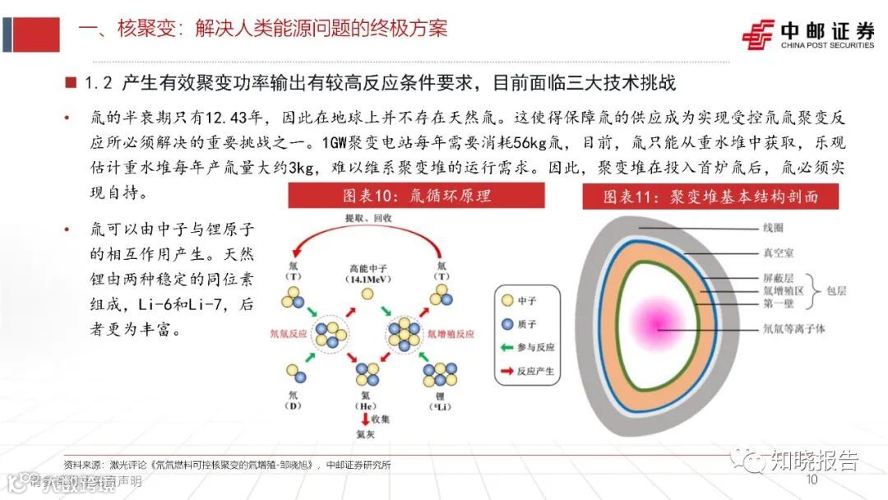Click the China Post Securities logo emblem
(x=757, y=35)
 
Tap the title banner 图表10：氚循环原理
(x=416, y=197)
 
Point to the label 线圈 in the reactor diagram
(x=773, y=227)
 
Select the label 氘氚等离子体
(x=795, y=330)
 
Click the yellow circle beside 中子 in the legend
(x=507, y=300)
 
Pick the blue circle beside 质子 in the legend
(x=507, y=324)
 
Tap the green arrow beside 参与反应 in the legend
(x=507, y=348)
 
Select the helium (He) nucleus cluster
(x=366, y=374)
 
